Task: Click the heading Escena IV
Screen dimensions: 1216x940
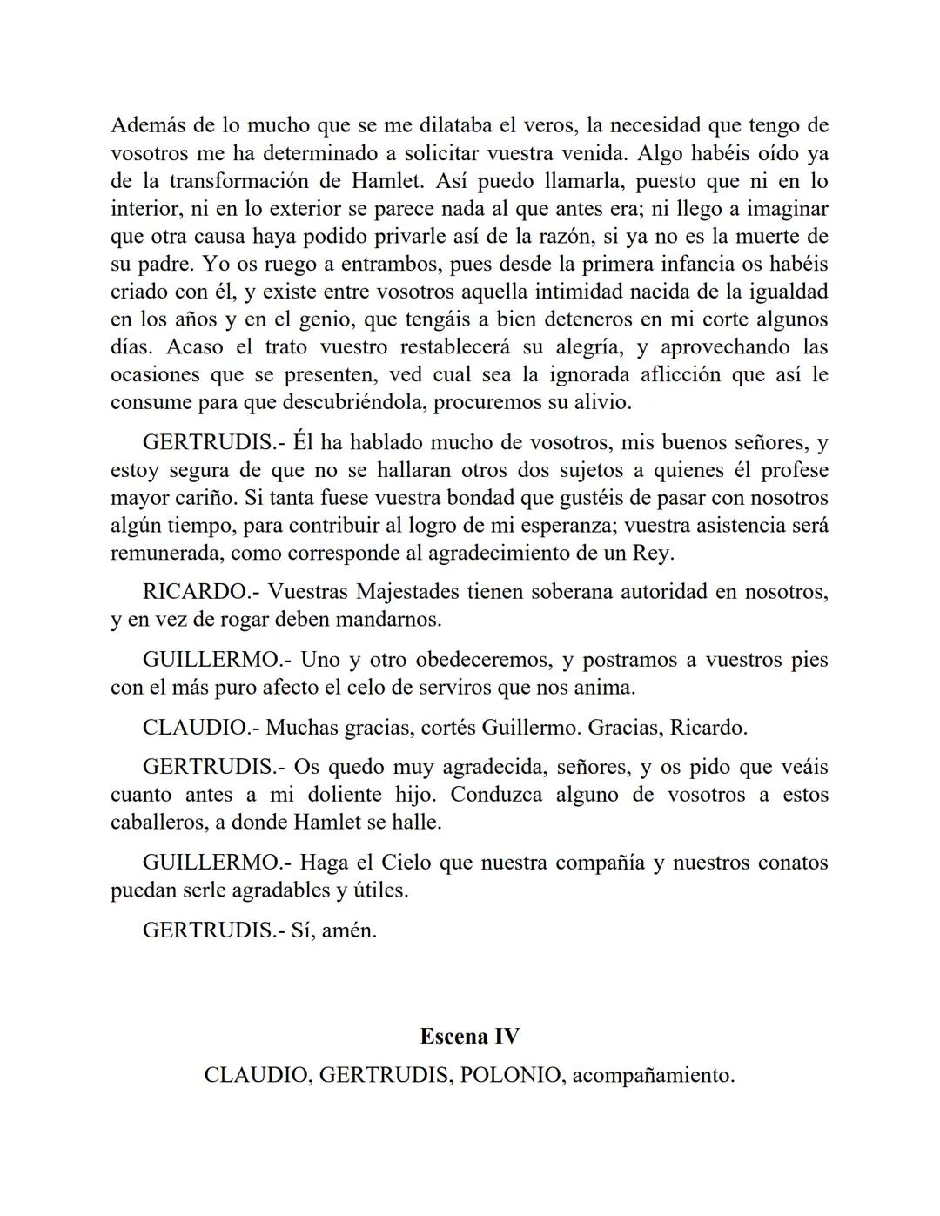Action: click(x=470, y=1037)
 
